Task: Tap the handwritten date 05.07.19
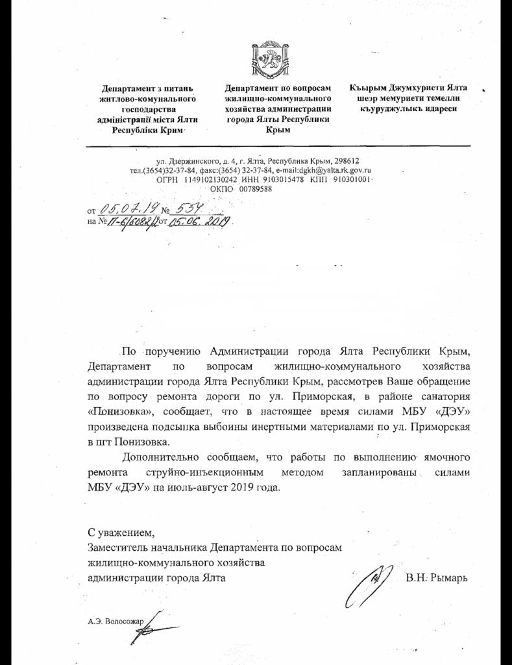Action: coord(126,208)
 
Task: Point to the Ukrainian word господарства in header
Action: coord(147,110)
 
